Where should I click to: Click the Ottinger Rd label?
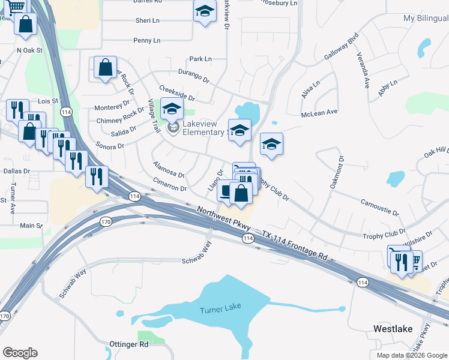tap(128, 344)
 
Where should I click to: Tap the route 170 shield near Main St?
tap(106, 222)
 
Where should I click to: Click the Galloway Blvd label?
tap(342, 44)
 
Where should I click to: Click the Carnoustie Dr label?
tap(379, 208)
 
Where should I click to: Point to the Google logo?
tap(20, 353)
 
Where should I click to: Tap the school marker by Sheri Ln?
tap(205, 11)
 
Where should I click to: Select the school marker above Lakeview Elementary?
tap(172, 109)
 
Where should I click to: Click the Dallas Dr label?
tap(16, 172)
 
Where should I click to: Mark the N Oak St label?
tap(30, 50)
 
